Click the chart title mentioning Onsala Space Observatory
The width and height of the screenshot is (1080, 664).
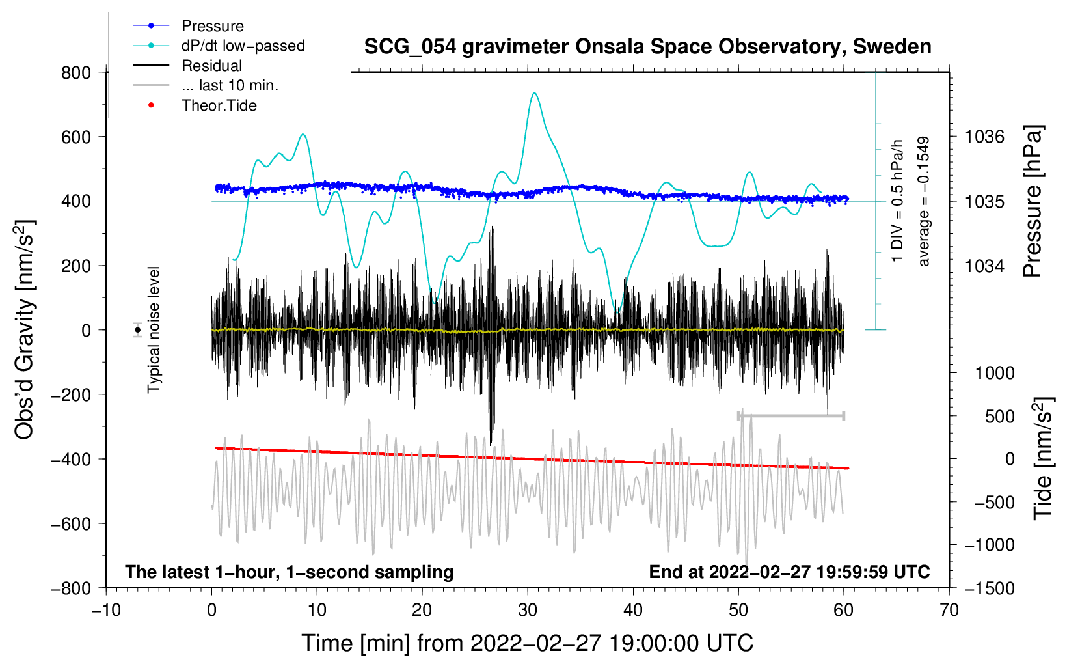point(647,47)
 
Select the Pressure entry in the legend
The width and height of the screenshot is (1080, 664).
point(212,26)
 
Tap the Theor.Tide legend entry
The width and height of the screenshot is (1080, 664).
point(219,105)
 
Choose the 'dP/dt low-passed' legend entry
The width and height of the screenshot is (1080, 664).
point(243,46)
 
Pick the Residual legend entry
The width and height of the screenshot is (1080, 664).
point(211,66)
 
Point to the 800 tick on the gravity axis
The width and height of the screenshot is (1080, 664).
point(76,72)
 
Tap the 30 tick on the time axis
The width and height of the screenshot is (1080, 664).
point(528,610)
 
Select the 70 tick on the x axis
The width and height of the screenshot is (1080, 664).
point(949,610)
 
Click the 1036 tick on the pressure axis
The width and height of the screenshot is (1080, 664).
point(984,137)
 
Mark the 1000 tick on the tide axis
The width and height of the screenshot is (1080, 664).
point(995,373)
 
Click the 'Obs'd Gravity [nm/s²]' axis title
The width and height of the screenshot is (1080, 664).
point(24,330)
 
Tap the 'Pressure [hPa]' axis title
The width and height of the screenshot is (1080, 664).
point(1033,202)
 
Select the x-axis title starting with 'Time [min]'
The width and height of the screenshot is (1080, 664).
point(528,643)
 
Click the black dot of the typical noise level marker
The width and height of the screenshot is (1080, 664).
point(138,330)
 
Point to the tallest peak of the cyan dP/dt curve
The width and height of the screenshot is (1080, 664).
point(534,93)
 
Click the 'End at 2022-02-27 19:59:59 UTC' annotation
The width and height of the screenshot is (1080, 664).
point(789,572)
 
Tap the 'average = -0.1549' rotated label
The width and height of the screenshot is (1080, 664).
point(924,202)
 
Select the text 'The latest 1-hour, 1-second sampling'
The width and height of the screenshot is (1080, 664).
point(289,572)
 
